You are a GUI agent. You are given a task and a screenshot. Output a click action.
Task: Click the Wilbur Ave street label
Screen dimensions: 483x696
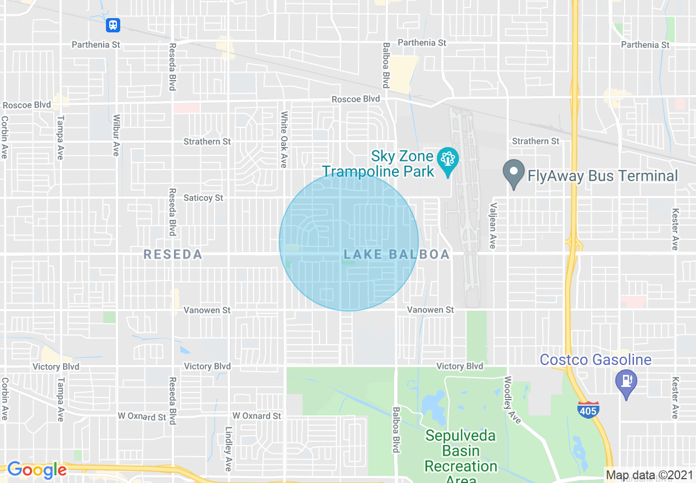click(116, 135)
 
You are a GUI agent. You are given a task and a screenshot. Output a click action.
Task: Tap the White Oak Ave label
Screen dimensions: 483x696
click(284, 140)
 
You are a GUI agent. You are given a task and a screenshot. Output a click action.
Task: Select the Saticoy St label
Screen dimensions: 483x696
click(204, 198)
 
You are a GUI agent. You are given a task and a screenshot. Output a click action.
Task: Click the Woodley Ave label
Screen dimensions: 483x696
click(512, 400)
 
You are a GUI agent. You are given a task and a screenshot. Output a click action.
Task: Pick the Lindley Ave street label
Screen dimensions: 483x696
click(228, 449)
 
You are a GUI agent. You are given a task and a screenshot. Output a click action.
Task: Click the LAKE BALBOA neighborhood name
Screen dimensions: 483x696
click(397, 255)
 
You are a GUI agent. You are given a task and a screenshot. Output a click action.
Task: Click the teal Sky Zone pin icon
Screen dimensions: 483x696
click(448, 160)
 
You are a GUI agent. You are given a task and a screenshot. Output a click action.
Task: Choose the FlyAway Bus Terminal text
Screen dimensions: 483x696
click(603, 176)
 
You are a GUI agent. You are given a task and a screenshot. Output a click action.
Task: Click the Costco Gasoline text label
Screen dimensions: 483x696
click(596, 360)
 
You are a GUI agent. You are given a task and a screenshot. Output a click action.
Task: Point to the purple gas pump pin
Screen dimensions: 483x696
click(626, 380)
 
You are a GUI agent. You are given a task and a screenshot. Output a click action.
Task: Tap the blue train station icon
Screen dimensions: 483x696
click(113, 25)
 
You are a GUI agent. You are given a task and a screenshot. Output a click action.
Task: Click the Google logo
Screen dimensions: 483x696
click(37, 470)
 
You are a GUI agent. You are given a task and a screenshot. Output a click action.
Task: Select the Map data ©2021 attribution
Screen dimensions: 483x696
click(648, 475)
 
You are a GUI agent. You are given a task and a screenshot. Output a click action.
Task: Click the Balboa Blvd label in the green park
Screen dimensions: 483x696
click(395, 430)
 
